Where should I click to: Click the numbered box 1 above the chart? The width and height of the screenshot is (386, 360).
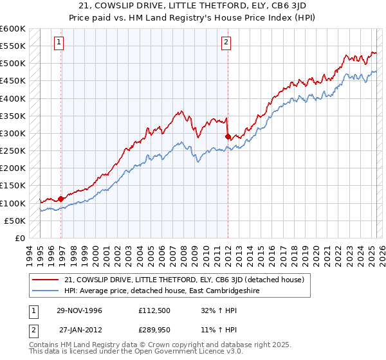(x=59, y=43)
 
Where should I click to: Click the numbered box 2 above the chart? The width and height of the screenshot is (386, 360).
(x=226, y=43)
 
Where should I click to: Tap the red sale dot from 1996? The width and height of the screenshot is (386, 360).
(x=61, y=199)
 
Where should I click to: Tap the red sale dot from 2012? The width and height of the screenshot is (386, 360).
(x=228, y=137)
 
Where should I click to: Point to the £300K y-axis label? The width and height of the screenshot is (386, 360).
(x=12, y=134)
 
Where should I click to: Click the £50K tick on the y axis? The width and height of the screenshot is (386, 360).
(x=15, y=221)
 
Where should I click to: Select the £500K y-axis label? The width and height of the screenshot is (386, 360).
(x=12, y=64)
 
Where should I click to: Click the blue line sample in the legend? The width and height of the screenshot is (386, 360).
(x=46, y=291)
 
